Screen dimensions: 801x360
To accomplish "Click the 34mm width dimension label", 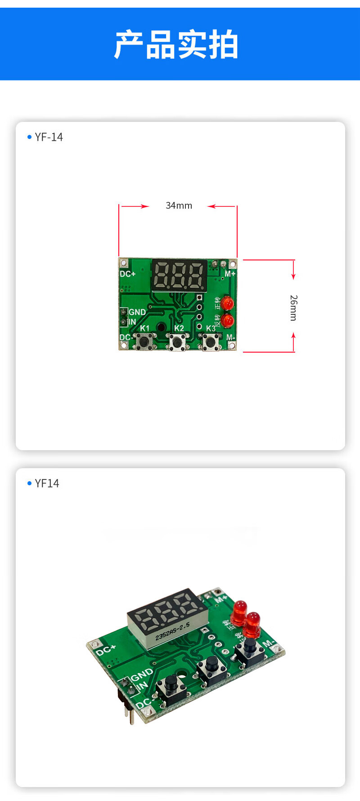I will pyautogui.click(x=179, y=206).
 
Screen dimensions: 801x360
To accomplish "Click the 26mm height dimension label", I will pyautogui.click(x=293, y=308).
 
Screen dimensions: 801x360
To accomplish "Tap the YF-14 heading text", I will pyautogui.click(x=49, y=137).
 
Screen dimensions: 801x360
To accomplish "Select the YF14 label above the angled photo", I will pyautogui.click(x=47, y=483).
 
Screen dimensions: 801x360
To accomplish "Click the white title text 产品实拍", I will pyautogui.click(x=176, y=45).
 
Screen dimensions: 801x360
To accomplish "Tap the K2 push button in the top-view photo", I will pyautogui.click(x=177, y=343).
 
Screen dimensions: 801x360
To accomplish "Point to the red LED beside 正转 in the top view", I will pyautogui.click(x=228, y=304).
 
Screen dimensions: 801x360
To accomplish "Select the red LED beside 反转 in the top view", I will pyautogui.click(x=228, y=321).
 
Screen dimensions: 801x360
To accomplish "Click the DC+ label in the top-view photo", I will pyautogui.click(x=127, y=274).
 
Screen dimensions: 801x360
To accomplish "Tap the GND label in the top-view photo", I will pyautogui.click(x=137, y=312).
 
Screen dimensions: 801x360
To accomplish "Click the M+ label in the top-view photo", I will pyautogui.click(x=230, y=274).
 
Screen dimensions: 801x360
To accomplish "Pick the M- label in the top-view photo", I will pyautogui.click(x=230, y=337).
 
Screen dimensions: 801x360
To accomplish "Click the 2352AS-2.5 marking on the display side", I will pyautogui.click(x=172, y=631).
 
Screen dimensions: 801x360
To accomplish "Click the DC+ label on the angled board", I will pyautogui.click(x=106, y=650).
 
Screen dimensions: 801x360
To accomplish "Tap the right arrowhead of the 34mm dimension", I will pyautogui.click(x=211, y=206).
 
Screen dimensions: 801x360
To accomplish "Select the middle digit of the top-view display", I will pyautogui.click(x=180, y=275).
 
